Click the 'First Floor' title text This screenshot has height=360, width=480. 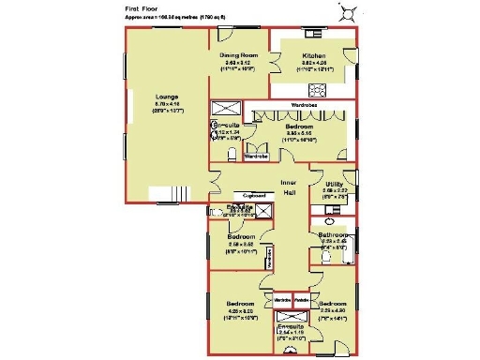tap(140, 7)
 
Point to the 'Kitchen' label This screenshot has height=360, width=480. tap(313, 56)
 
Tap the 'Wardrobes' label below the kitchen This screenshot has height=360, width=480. tap(306, 104)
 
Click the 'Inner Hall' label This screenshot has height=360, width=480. tap(289, 187)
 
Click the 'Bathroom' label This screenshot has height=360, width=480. tap(334, 234)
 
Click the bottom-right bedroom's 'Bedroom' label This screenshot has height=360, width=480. tap(333, 305)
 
